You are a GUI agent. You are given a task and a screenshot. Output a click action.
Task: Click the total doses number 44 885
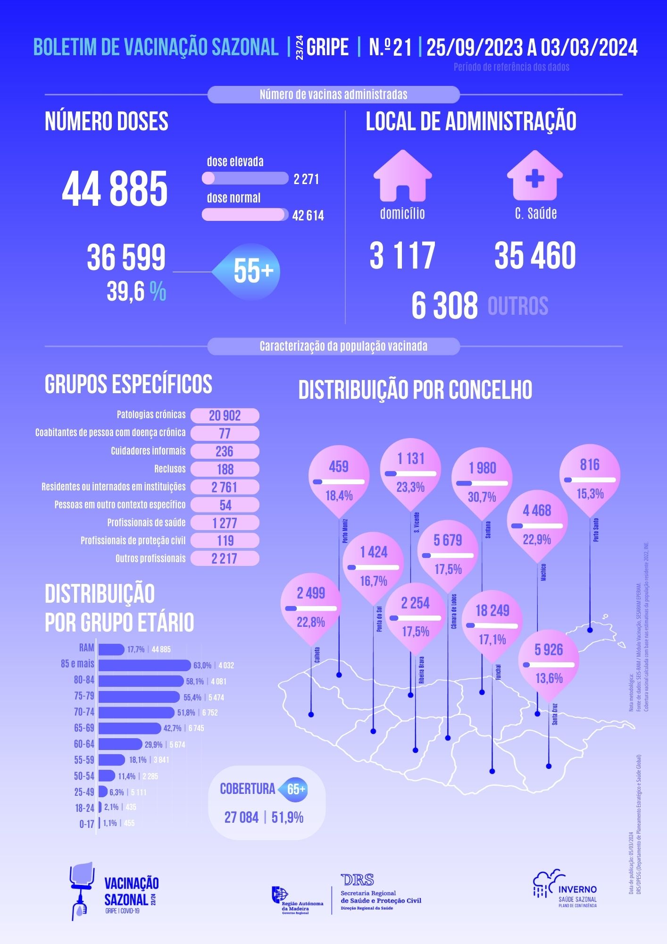(115, 189)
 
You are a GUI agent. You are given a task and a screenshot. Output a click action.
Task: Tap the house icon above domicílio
(402, 176)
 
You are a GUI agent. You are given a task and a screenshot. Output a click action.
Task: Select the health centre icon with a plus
(534, 176)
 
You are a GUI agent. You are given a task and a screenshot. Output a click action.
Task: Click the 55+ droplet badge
(252, 271)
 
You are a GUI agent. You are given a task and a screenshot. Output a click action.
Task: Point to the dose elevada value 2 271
(306, 179)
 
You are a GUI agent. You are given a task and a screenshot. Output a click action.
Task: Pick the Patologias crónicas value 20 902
(225, 416)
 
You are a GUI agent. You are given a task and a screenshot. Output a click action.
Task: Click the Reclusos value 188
(225, 470)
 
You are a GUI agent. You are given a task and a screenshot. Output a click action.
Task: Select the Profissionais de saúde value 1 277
(225, 523)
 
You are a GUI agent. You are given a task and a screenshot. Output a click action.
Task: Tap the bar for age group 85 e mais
(144, 665)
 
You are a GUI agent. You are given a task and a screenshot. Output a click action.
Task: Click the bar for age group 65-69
(130, 728)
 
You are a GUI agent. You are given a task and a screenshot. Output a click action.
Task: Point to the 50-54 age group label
(84, 776)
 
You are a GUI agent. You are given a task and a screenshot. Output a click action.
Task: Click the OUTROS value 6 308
(444, 306)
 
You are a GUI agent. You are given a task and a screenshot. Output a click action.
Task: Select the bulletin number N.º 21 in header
(390, 47)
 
